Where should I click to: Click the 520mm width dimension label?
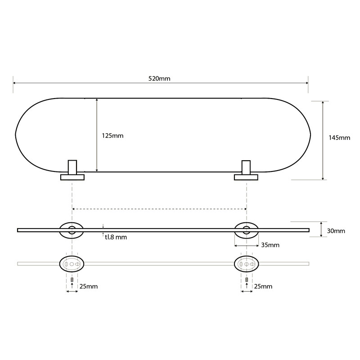159,78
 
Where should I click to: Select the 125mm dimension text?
112,135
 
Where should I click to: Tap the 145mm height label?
339,138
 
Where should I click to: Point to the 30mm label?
336,231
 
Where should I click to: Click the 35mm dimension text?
270,245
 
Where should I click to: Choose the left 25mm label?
89,286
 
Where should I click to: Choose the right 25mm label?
263,286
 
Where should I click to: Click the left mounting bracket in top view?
72,171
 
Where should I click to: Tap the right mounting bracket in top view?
246,171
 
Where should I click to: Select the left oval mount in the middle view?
72,230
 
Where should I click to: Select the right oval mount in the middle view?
246,230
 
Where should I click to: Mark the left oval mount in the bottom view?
72,264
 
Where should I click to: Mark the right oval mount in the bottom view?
246,264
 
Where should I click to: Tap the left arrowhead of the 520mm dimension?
15,83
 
